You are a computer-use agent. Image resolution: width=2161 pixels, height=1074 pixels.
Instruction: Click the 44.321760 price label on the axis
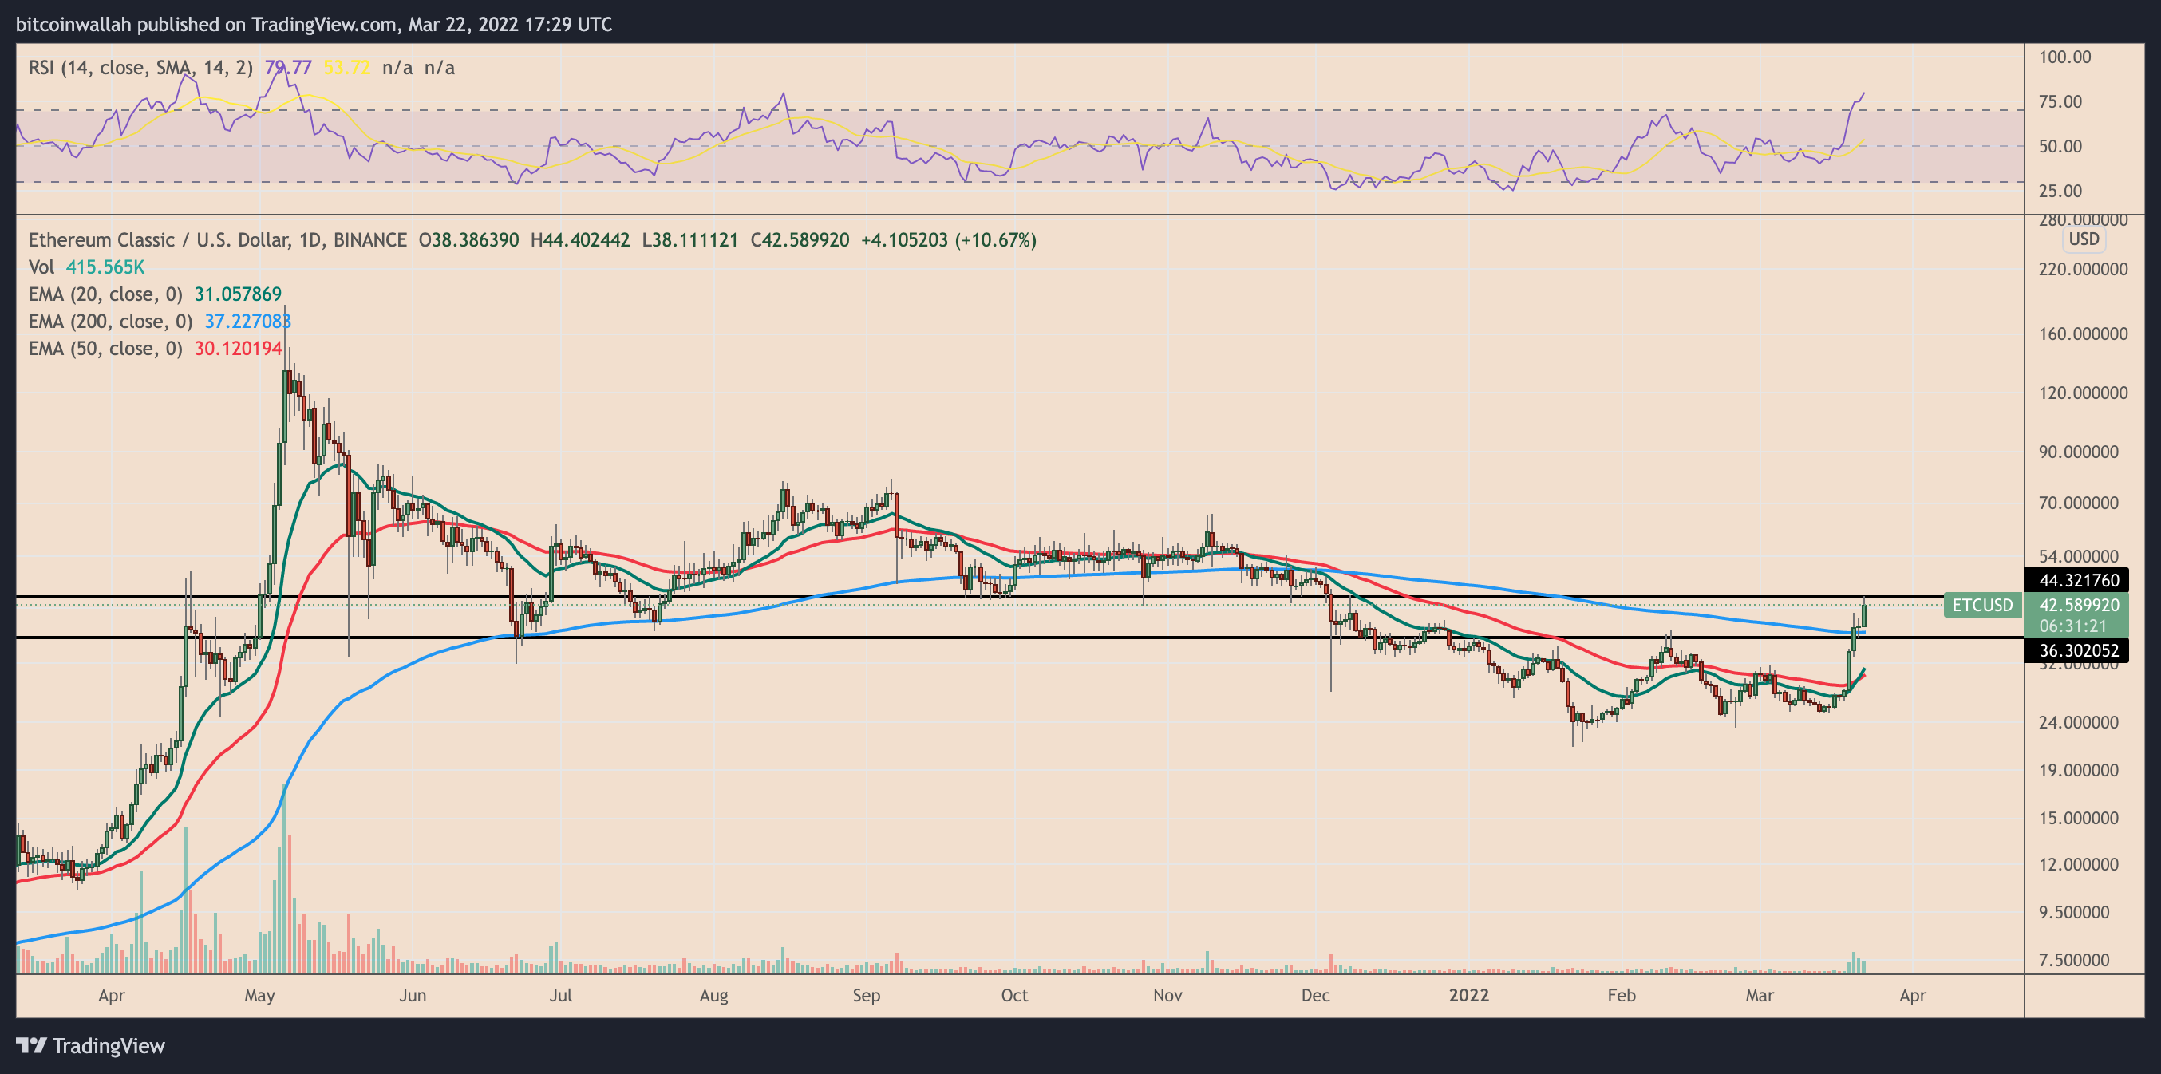coord(2078,580)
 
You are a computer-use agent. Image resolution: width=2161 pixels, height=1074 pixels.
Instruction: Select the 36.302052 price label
coord(2078,650)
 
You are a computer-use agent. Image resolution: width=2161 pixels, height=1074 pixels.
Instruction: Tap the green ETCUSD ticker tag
coord(1981,605)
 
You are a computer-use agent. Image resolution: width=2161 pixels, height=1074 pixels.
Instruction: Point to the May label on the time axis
coord(259,995)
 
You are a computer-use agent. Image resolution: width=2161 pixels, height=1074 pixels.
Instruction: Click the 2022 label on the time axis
coord(1468,995)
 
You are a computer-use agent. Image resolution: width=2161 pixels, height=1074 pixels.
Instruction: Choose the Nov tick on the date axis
coord(1167,995)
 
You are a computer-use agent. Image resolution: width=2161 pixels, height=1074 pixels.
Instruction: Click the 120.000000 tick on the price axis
coord(2083,393)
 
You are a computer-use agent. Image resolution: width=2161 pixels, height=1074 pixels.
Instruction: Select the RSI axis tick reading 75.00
coord(2060,101)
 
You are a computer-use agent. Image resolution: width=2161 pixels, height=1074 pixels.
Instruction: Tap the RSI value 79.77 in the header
coord(288,67)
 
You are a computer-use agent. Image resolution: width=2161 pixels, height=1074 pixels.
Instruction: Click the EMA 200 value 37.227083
coord(247,322)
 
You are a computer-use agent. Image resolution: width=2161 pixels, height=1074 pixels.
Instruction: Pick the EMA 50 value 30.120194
coord(239,348)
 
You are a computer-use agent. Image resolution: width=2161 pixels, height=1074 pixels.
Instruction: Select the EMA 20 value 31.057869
coord(239,294)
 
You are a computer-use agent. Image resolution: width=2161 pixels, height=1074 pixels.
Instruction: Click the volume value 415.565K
coord(105,267)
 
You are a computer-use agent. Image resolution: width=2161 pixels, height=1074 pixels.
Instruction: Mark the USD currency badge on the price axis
coord(2083,239)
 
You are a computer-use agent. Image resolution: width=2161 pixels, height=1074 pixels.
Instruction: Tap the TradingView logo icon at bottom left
coord(32,1045)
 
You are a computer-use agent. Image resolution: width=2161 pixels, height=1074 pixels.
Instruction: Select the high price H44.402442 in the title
coord(579,240)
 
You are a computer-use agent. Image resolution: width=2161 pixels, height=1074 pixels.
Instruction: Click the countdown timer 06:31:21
coord(2073,626)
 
